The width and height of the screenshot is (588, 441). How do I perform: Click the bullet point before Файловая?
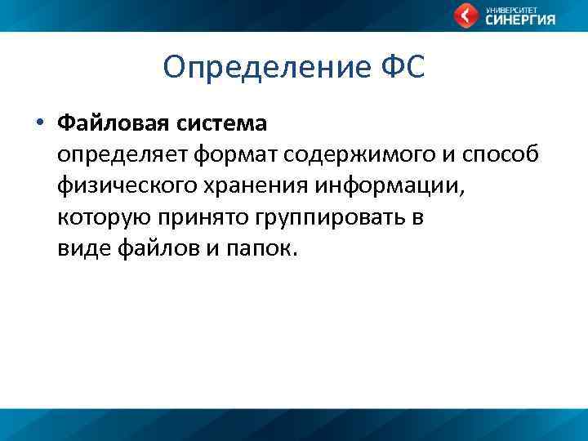38,124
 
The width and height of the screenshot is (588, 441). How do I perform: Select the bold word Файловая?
110,124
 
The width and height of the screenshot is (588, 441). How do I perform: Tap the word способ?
503,155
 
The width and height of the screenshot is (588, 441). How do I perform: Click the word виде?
80,249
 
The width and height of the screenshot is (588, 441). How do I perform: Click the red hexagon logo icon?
466,16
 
